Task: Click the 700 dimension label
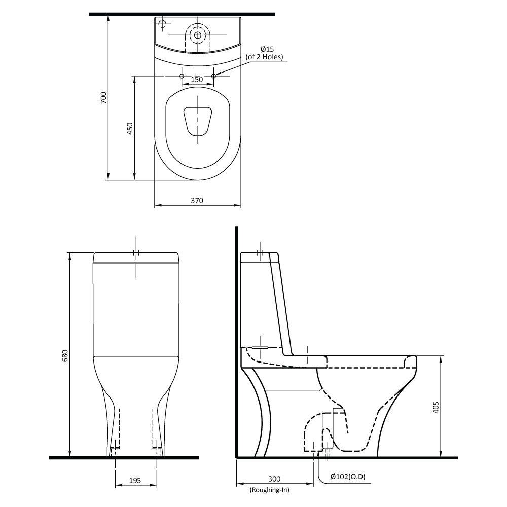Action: (x=103, y=98)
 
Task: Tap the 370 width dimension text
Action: (x=197, y=201)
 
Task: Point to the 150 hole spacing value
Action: (x=197, y=80)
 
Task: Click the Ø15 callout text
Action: (x=267, y=49)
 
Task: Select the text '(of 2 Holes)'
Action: (x=264, y=57)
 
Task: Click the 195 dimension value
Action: (x=135, y=480)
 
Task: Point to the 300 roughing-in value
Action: (x=274, y=479)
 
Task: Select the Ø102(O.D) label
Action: (x=348, y=476)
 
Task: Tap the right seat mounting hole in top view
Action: (x=213, y=76)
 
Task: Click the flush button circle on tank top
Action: (x=198, y=34)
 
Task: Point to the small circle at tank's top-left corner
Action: (x=162, y=23)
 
